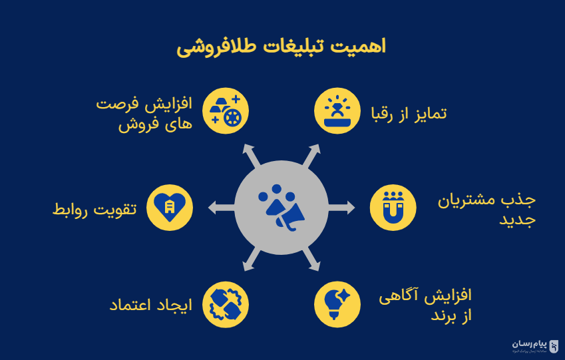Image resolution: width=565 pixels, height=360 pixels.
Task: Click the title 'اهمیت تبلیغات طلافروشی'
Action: [x=282, y=47]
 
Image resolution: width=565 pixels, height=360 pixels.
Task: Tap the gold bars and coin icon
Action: [x=226, y=110]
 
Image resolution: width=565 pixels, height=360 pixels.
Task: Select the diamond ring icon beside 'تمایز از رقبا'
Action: [x=337, y=110]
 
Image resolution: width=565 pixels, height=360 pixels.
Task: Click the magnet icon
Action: [x=393, y=208]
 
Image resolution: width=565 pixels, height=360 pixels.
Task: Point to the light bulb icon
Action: [x=337, y=303]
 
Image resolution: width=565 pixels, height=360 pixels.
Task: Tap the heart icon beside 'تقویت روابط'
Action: [x=169, y=208]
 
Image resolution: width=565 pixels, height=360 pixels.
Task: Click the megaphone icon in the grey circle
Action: [x=282, y=208]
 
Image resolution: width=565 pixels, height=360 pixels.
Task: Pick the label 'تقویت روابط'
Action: [x=94, y=209]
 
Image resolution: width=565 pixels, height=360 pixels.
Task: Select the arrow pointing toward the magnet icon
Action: [x=343, y=208]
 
